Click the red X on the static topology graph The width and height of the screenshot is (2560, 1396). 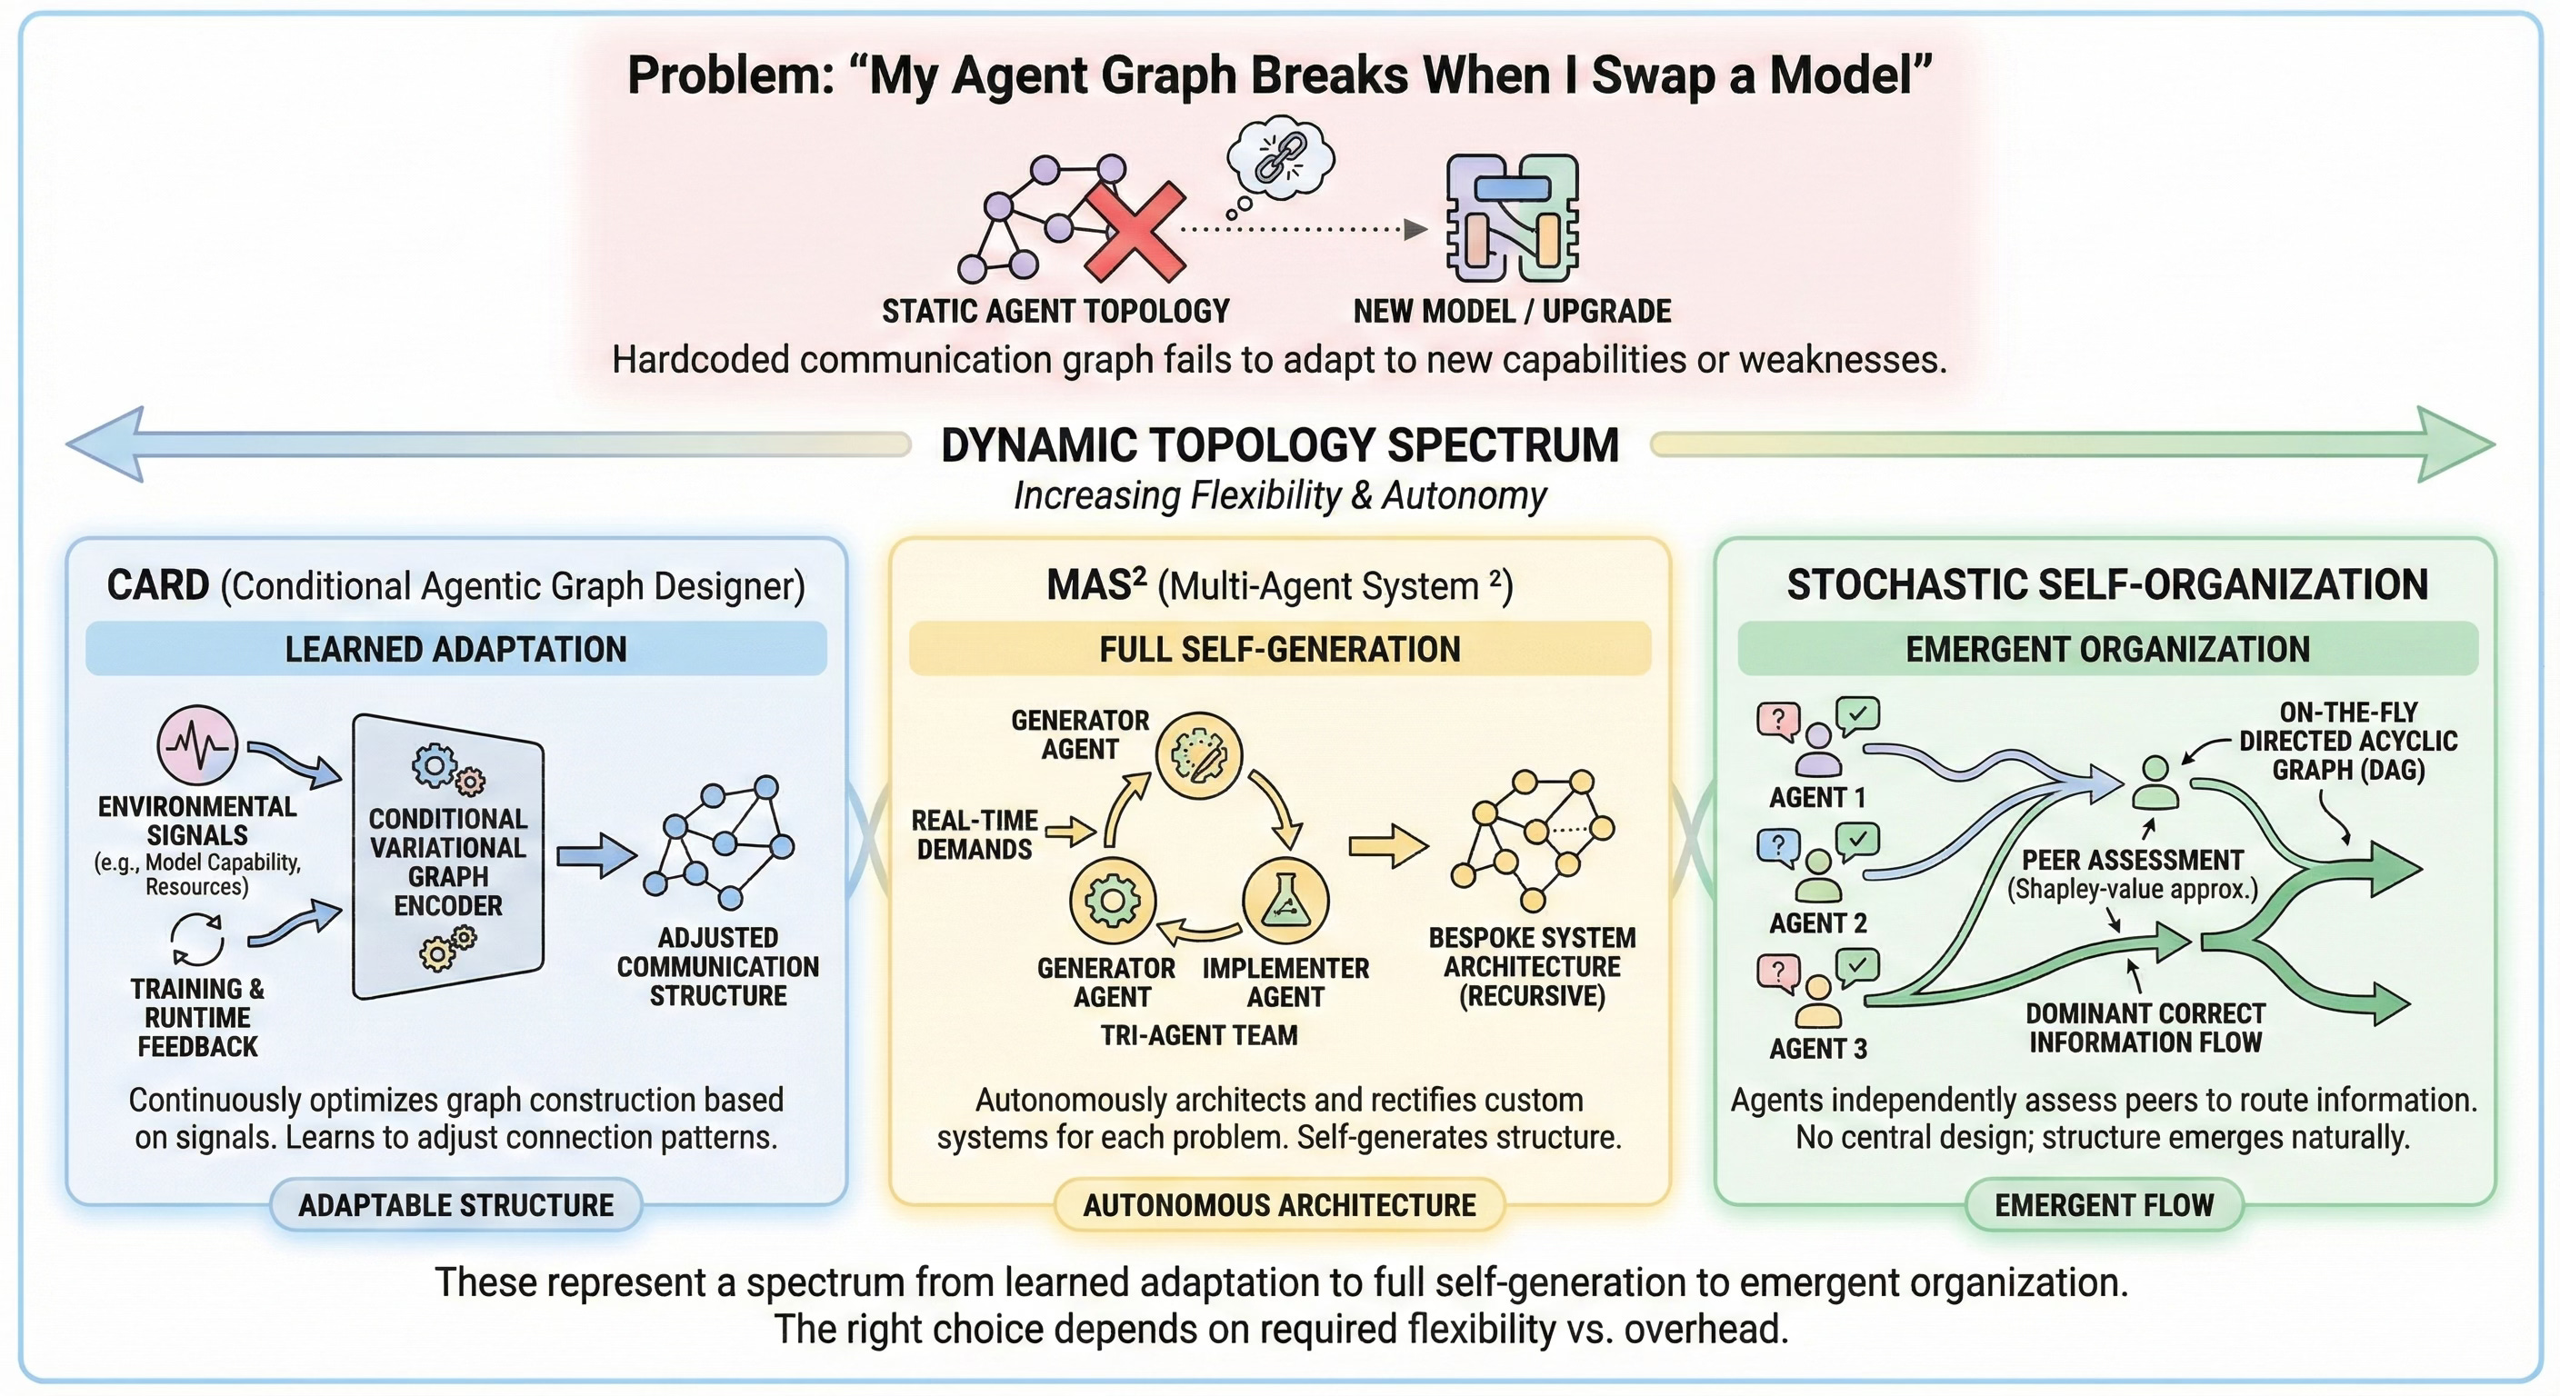point(1135,231)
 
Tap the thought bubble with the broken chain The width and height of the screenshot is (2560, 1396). point(1279,158)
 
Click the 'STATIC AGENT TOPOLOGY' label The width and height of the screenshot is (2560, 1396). point(1055,311)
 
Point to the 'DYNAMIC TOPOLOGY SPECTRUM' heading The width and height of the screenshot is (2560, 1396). point(1280,445)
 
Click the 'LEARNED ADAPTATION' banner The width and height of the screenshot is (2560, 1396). point(456,649)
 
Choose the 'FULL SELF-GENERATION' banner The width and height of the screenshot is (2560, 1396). point(1280,649)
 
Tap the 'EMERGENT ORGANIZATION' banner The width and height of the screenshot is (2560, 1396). point(2107,649)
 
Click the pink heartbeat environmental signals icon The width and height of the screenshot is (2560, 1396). point(198,745)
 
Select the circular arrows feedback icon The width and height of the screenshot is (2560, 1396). point(198,939)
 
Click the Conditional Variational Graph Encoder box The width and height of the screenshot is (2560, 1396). point(448,856)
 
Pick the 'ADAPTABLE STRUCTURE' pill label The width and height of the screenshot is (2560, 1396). point(456,1205)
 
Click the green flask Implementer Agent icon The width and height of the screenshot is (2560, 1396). point(1286,900)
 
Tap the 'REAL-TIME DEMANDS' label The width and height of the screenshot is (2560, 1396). point(974,834)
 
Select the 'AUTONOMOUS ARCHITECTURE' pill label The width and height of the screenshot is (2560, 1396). point(1280,1205)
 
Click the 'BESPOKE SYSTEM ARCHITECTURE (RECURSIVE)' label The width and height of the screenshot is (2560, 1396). point(1532,967)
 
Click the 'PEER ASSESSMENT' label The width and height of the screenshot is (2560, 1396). point(2133,860)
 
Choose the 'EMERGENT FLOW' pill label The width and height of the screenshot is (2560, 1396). point(2105,1205)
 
